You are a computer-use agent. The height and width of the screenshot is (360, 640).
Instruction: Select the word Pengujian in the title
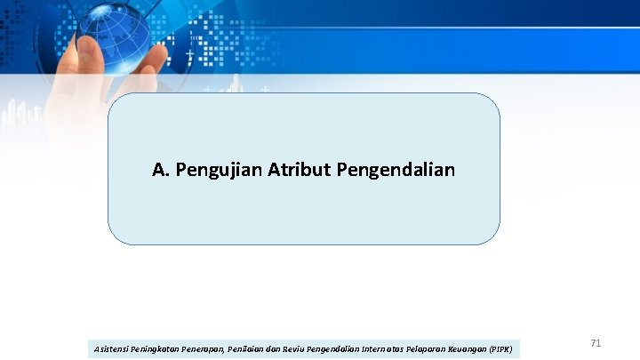point(218,169)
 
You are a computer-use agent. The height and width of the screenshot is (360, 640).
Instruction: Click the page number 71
point(596,342)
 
